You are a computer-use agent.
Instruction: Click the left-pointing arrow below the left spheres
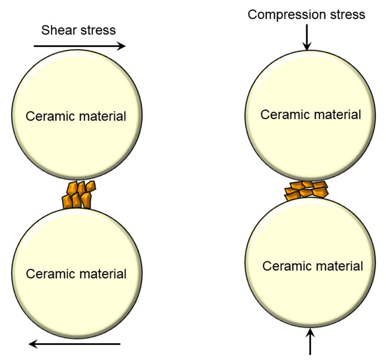(75, 344)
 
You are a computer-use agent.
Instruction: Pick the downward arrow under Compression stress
(307, 40)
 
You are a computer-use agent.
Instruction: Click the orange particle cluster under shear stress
(79, 194)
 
